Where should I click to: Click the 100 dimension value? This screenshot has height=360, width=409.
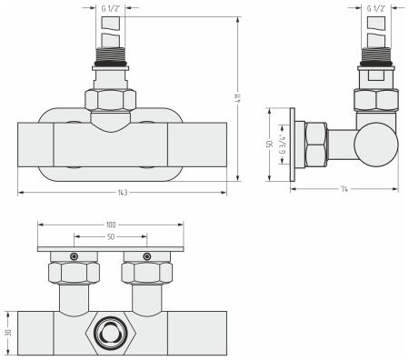(x=111, y=224)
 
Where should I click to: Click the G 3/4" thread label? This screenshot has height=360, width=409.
(x=283, y=144)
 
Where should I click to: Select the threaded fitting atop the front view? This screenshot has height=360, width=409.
(x=111, y=68)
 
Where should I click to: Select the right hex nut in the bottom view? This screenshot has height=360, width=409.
(x=147, y=271)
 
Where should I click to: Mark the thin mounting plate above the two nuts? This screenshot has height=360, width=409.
(x=111, y=248)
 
